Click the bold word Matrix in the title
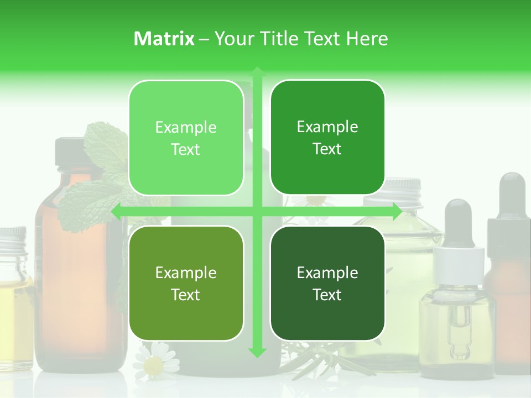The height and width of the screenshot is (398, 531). (164, 39)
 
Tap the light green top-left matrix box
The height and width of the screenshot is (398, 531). (186, 138)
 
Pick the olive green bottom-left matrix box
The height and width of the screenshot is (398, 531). (186, 283)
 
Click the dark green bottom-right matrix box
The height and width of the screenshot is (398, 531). (327, 283)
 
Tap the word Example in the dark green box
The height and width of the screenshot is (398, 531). (327, 273)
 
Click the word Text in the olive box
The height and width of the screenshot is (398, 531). (186, 295)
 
